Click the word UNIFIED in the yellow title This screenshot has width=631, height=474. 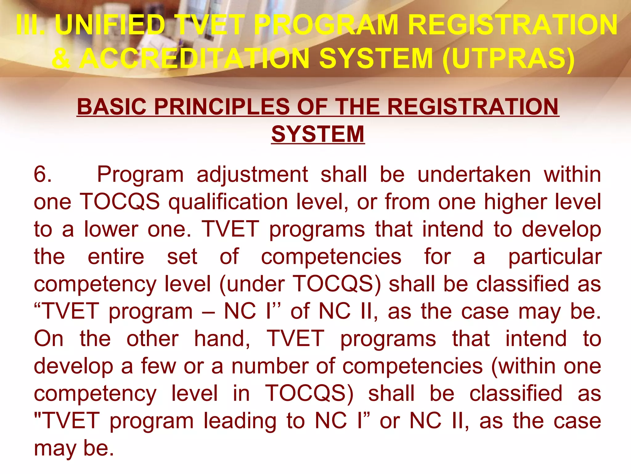[110, 25]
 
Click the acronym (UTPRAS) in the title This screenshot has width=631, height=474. [508, 58]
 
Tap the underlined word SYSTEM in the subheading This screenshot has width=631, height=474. [318, 134]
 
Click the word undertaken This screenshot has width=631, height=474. [474, 174]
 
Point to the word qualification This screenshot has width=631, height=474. [228, 202]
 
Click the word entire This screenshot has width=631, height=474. [116, 257]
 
